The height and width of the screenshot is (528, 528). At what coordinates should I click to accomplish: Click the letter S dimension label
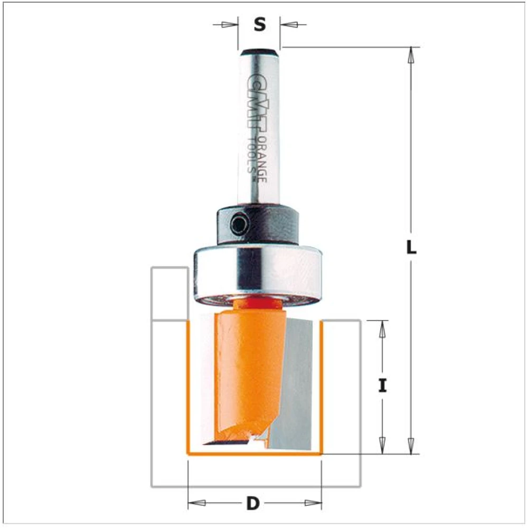[259, 25]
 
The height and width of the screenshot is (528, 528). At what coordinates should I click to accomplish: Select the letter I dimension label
[382, 385]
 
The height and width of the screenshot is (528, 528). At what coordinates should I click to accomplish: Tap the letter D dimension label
[253, 504]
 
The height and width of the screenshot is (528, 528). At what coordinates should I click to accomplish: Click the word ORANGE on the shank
[262, 159]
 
